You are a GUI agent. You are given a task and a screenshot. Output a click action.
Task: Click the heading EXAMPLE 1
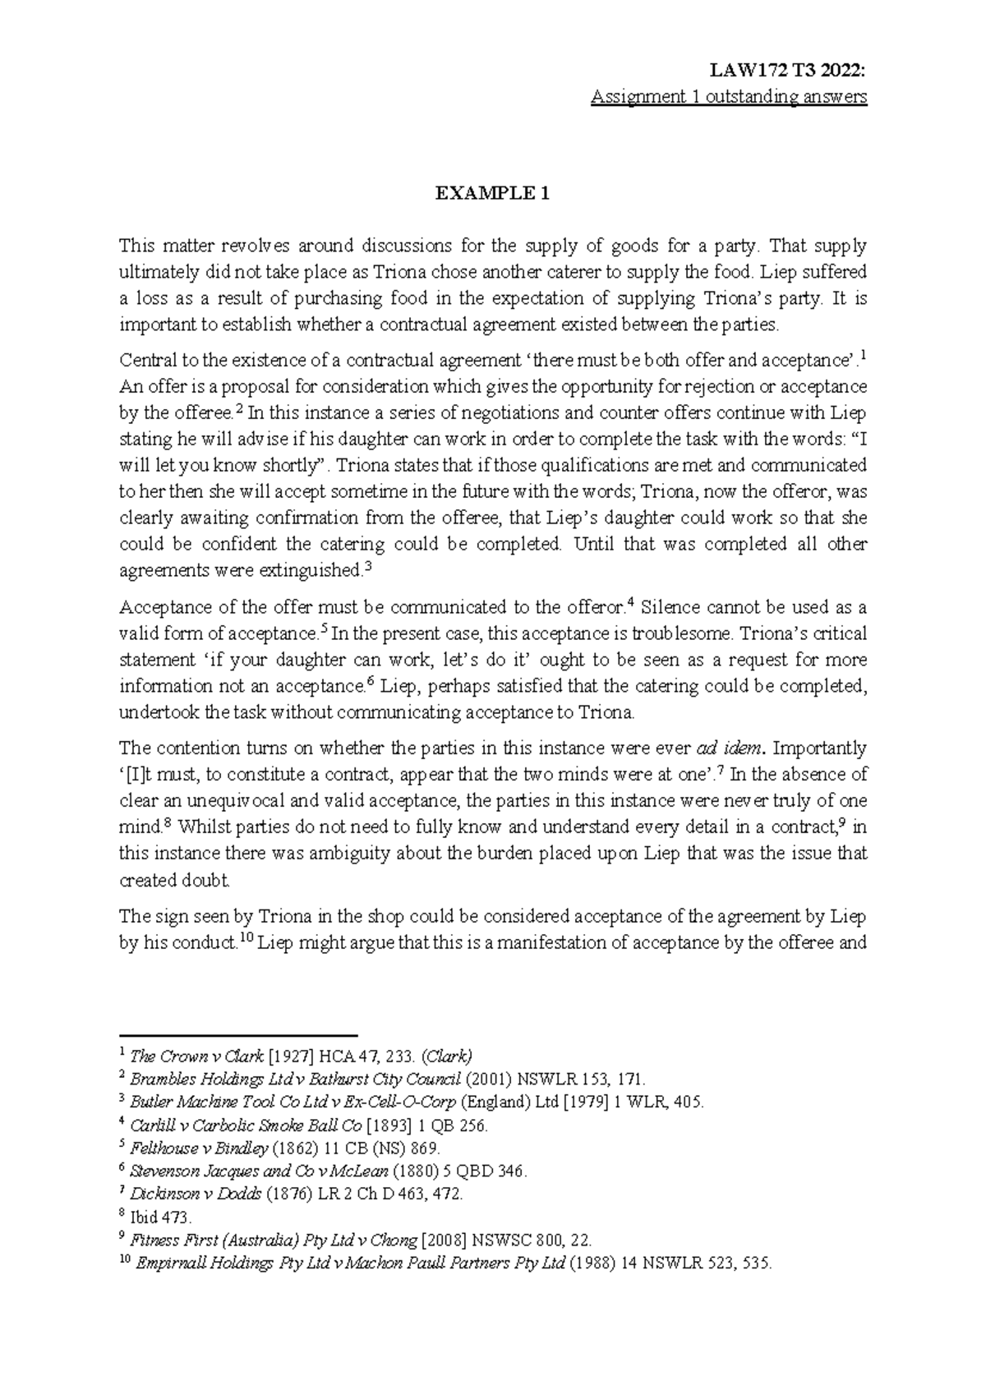pos(492,195)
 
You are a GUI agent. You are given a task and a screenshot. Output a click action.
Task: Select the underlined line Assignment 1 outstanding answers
pos(729,97)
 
